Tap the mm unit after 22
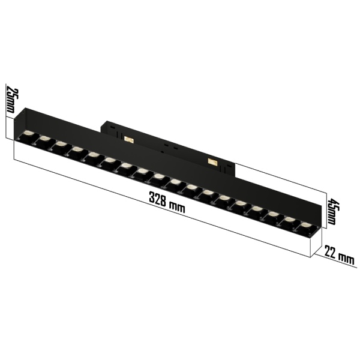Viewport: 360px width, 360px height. [346, 259]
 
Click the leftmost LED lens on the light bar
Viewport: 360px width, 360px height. [28, 134]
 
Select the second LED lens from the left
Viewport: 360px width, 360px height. [44, 139]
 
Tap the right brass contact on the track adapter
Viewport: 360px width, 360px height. [212, 161]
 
